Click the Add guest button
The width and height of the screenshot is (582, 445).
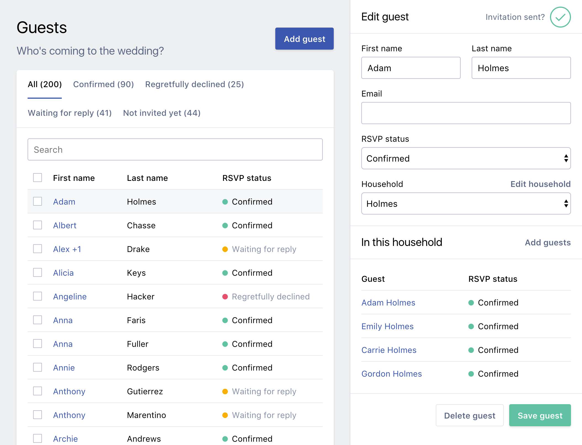click(x=304, y=39)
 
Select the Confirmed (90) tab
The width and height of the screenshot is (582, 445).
click(x=103, y=84)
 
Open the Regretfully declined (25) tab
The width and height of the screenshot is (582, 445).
click(x=194, y=84)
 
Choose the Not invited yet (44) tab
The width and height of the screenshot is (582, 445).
click(x=162, y=113)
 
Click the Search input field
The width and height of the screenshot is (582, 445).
click(x=175, y=149)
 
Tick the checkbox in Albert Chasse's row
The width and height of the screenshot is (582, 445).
click(x=38, y=225)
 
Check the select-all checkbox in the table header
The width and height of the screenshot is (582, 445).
click(x=38, y=178)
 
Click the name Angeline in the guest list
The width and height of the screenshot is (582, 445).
click(x=70, y=297)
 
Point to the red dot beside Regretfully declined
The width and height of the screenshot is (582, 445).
click(x=225, y=297)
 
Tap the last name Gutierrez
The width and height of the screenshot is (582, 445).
click(x=145, y=392)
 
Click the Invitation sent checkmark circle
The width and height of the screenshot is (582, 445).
click(x=560, y=17)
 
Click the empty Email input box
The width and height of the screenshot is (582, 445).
click(x=466, y=113)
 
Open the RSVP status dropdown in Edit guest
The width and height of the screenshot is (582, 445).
click(x=466, y=158)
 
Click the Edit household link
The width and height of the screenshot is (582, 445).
click(x=540, y=184)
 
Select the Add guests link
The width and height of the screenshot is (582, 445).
click(x=548, y=243)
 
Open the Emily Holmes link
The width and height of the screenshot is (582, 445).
click(x=387, y=326)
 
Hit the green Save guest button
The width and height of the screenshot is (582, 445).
click(x=540, y=415)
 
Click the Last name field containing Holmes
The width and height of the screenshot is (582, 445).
click(x=521, y=68)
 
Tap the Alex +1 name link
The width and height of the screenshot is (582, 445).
click(x=67, y=249)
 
